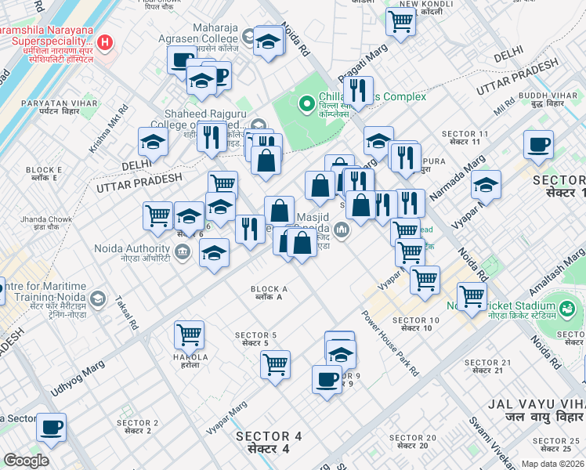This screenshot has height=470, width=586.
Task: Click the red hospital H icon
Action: coord(104,41)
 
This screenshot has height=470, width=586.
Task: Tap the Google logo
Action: coord(26,461)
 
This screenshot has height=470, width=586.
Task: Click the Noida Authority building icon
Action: coord(182,251)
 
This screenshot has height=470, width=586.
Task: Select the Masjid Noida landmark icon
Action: coord(341,229)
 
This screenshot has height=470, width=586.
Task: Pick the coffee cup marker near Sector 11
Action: coord(538,145)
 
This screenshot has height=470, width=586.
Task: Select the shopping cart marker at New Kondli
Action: coord(400,23)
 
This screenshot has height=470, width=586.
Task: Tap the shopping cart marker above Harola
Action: coord(189,334)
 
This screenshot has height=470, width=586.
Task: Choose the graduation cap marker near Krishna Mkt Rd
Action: coord(153,142)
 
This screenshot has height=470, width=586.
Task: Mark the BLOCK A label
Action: coord(269,293)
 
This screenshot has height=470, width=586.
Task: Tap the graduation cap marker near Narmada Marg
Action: coord(486,185)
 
